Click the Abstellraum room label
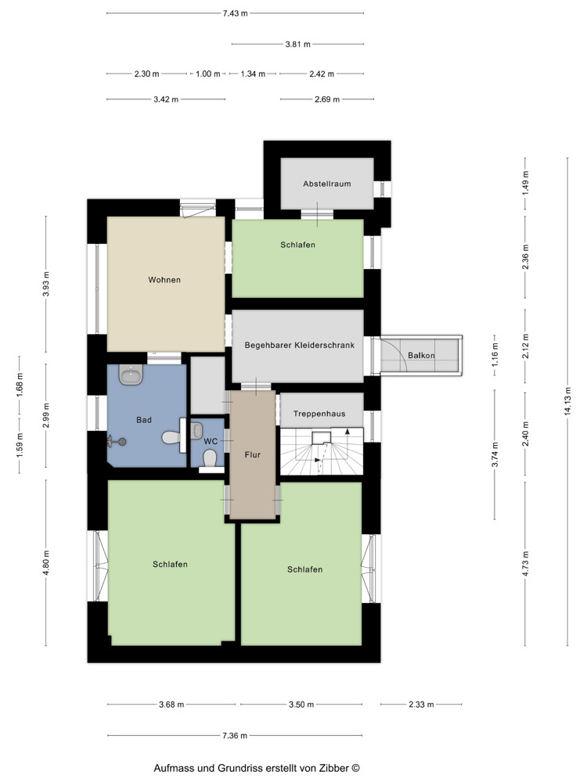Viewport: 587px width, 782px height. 327,184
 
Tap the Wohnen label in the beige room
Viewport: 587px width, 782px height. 164,280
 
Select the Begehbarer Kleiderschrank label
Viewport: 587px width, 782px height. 300,345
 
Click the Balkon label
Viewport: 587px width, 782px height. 421,356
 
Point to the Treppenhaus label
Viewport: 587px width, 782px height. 319,414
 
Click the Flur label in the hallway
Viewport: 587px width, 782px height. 253,455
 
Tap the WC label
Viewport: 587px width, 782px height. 211,441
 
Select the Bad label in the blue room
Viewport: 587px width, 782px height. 144,420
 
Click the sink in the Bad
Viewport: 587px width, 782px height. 131,375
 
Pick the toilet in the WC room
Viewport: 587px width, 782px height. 210,457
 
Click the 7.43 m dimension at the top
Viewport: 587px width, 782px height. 235,13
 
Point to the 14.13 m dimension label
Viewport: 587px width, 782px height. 567,401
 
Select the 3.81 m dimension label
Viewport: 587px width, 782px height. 298,45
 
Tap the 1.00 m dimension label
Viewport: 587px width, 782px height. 208,74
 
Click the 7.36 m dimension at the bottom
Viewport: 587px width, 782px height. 235,736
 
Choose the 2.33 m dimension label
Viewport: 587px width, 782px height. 421,705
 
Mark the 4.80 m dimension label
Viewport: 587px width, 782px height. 46,563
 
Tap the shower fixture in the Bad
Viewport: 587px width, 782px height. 117,441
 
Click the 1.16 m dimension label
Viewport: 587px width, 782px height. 495,355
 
